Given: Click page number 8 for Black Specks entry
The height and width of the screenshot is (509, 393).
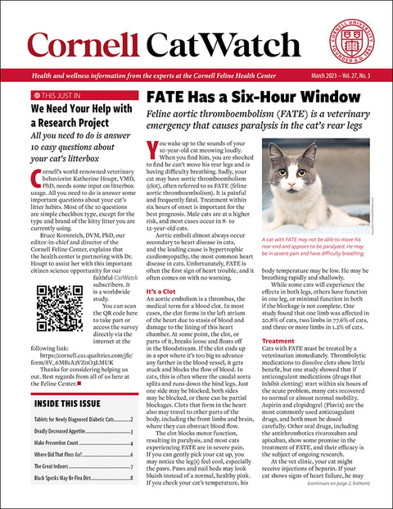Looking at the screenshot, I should point(132,478).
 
